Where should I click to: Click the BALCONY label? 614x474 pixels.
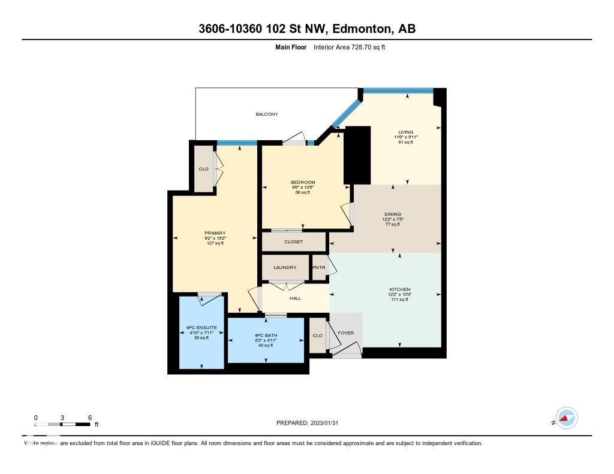[x=267, y=114]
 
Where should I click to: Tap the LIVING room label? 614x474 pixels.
[x=406, y=132]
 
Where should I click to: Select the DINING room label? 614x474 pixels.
[x=393, y=214]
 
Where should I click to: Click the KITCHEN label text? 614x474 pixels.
[x=399, y=289]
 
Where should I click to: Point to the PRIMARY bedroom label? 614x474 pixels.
[x=214, y=233]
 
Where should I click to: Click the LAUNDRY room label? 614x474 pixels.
[x=285, y=267]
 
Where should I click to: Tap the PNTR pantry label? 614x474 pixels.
[x=318, y=267]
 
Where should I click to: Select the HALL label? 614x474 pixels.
[x=295, y=298]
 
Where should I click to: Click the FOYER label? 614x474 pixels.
[x=346, y=333]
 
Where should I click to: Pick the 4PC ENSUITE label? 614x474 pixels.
[x=201, y=327]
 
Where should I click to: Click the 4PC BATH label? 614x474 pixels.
[x=265, y=335]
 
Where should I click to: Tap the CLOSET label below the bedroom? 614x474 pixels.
[x=293, y=241]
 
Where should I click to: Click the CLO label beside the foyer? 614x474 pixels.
[x=318, y=336]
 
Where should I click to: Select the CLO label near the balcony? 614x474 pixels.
[x=203, y=169]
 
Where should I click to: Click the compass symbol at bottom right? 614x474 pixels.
[x=566, y=418]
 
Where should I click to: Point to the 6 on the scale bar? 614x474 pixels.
[x=89, y=418]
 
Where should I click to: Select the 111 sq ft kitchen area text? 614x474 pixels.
[x=399, y=299]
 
